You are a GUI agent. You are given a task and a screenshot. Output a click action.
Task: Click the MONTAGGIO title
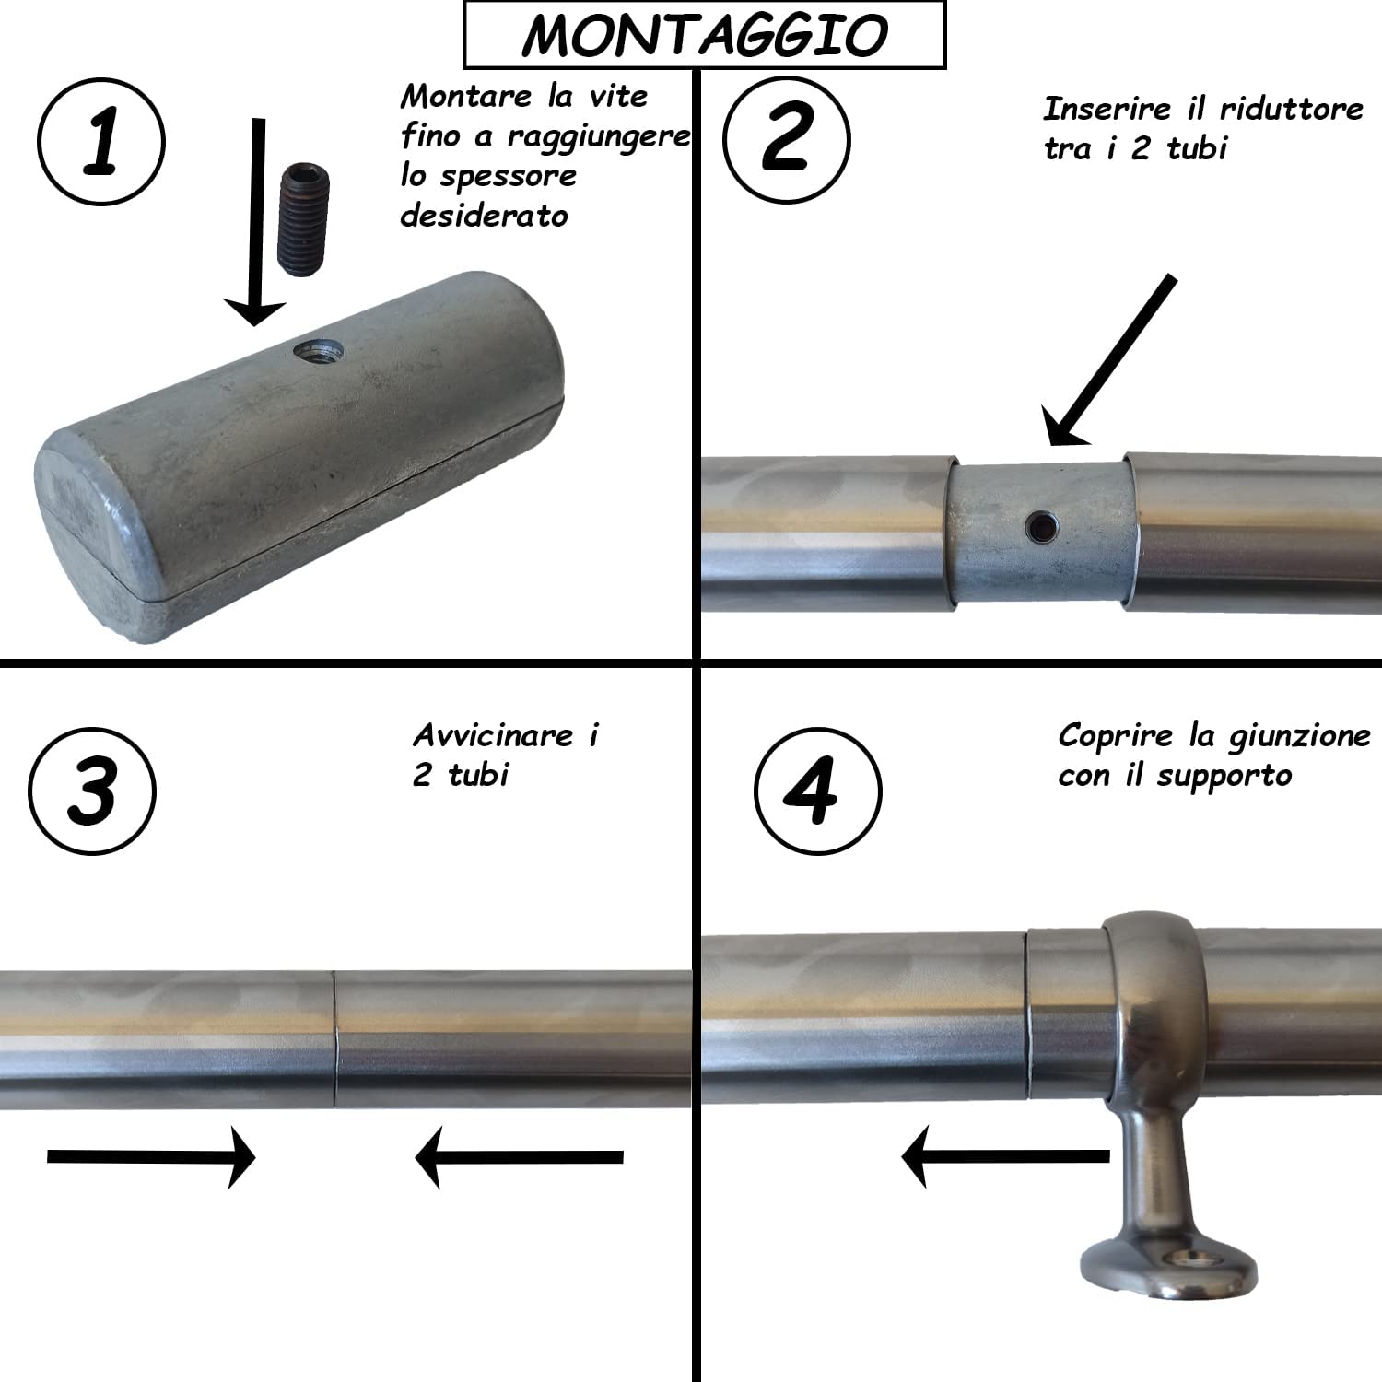click(x=704, y=35)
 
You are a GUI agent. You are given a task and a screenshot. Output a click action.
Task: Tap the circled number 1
click(x=101, y=141)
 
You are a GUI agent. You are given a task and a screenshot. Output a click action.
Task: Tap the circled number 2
click(x=786, y=138)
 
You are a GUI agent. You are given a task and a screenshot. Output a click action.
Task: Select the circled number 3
click(x=92, y=791)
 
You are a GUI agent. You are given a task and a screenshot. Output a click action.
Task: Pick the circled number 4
click(x=817, y=791)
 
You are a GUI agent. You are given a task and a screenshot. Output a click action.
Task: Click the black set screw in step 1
click(x=303, y=220)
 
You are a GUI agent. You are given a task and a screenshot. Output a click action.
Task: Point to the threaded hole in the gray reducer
click(x=319, y=350)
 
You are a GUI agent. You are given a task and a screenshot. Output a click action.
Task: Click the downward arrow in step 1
click(x=257, y=221)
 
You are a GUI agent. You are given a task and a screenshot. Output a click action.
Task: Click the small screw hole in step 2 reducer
click(x=1042, y=527)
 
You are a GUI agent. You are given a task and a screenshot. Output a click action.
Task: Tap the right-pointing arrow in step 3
click(x=151, y=1157)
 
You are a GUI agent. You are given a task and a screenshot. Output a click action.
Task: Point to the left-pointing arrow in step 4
click(x=1004, y=1155)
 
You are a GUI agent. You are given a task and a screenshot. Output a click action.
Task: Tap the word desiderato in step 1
click(x=484, y=216)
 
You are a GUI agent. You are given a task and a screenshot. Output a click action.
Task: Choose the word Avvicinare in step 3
click(x=493, y=735)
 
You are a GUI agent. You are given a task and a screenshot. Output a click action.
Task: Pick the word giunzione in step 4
click(x=1299, y=736)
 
